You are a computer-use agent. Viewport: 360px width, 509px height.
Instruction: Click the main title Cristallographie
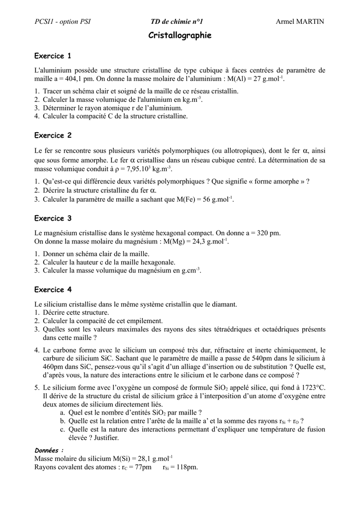180,35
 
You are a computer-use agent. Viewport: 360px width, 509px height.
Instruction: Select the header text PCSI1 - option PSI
63,21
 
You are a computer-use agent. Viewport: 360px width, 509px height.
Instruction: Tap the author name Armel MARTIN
299,21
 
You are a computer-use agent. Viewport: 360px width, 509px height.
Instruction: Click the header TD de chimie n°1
177,21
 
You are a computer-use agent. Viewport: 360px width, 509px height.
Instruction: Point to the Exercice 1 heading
53,55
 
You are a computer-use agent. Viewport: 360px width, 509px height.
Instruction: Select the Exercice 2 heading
53,135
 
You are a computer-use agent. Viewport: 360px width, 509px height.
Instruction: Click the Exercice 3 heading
53,218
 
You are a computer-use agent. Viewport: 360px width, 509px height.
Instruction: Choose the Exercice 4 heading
53,290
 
